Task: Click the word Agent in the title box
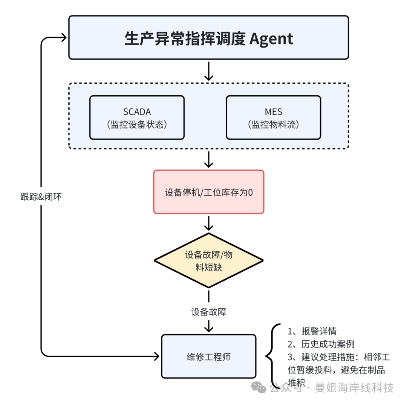click(x=271, y=38)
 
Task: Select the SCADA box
click(x=137, y=117)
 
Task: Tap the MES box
click(x=273, y=117)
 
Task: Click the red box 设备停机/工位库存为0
click(x=208, y=192)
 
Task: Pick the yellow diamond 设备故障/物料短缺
click(x=208, y=260)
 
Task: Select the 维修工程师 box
click(x=208, y=356)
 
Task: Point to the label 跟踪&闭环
click(x=40, y=196)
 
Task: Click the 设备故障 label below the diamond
click(x=208, y=312)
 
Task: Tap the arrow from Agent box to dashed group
click(x=208, y=71)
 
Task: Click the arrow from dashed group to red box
click(x=208, y=159)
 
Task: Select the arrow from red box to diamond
click(x=208, y=223)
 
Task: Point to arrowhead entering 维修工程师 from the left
click(x=156, y=355)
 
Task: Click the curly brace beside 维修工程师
click(x=272, y=356)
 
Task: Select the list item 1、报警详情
click(x=312, y=332)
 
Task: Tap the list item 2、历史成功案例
click(x=321, y=344)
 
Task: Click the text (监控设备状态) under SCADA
click(x=137, y=125)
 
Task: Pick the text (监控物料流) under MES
click(x=273, y=125)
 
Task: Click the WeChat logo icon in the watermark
click(x=259, y=387)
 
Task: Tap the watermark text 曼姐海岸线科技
click(x=354, y=387)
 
